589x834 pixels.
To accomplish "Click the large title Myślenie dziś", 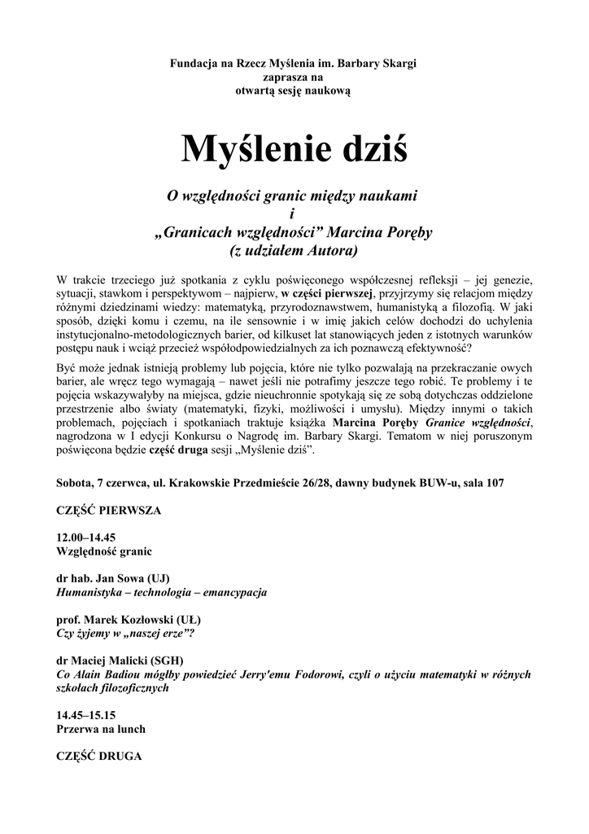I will coord(294,148).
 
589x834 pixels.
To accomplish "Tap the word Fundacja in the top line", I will coord(192,64).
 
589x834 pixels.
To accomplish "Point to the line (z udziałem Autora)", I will coord(294,249).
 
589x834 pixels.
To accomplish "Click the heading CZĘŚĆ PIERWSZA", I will coord(109,511).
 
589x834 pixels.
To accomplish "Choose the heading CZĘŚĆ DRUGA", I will coord(98,756).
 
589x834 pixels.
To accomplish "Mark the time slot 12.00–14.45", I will coord(87,538).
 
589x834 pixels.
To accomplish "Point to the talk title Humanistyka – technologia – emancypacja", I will coord(161,592).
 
